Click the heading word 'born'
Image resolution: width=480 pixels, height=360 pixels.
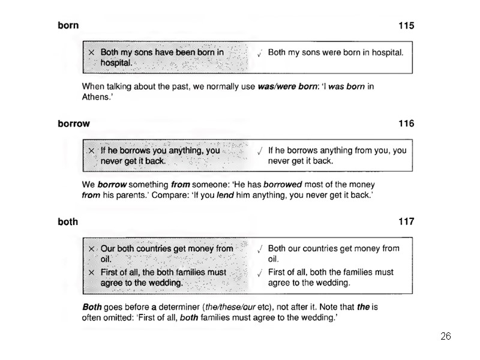tap(68, 26)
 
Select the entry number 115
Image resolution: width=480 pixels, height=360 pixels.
tap(406, 26)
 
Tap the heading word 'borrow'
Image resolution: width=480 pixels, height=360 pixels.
tap(74, 124)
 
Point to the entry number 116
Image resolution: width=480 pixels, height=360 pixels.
tap(406, 124)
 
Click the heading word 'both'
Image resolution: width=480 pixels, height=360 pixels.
tap(68, 222)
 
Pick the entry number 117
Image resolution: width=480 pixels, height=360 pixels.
tap(406, 222)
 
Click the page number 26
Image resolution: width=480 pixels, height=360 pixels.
tap(445, 336)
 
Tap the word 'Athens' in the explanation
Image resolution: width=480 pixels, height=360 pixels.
tap(95, 97)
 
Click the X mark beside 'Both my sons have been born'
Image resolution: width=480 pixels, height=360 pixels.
tap(91, 53)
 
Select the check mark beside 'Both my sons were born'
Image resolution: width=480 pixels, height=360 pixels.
tap(259, 53)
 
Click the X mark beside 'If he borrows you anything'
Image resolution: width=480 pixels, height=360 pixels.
tap(91, 151)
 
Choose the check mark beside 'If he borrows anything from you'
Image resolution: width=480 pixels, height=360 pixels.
tap(259, 151)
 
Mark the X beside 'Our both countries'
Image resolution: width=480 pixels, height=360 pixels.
tap(91, 248)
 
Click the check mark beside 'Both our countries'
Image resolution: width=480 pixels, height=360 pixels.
tap(259, 249)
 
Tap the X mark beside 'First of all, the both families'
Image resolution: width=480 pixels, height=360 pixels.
tap(91, 272)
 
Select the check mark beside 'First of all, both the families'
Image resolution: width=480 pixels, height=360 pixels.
tap(259, 273)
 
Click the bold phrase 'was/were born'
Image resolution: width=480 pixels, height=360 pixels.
tap(287, 86)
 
